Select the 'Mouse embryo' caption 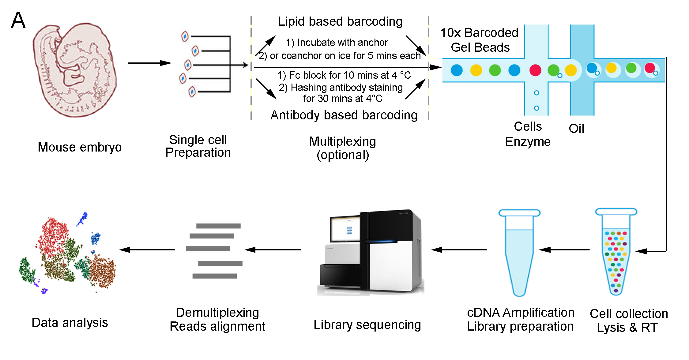pos(80,147)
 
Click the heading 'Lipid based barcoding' pos(340,21)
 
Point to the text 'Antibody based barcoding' pos(344,115)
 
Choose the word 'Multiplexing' pos(342,141)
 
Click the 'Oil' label pos(576,129)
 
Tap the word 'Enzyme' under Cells pos(528,142)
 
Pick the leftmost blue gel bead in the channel pos(457,70)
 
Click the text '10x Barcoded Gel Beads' pos(480,40)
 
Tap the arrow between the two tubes pos(564,250)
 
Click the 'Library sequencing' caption pos(367,325)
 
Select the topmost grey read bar pos(218,226)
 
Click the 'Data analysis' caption pos(70,323)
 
